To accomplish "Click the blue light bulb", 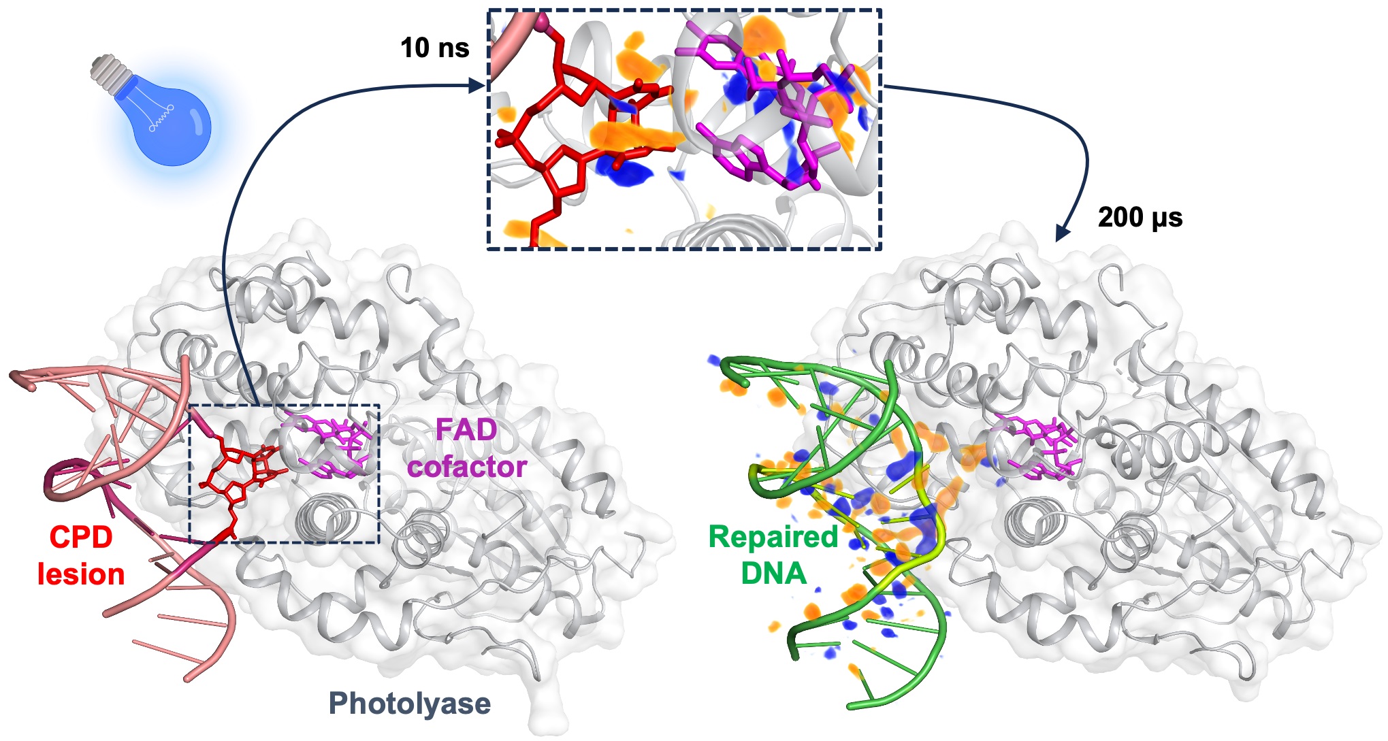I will (167, 122).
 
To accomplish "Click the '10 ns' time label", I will (434, 48).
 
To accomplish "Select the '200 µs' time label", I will (1140, 218).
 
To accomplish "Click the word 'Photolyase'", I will (409, 704).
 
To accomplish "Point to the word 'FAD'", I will (466, 430).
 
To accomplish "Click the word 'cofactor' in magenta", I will (467, 467).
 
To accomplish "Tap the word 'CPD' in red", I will (80, 538).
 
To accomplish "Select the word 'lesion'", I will (81, 574).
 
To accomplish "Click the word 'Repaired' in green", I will (773, 537).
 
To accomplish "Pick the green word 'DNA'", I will (773, 574).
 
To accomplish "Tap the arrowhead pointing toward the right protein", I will (1061, 233).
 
